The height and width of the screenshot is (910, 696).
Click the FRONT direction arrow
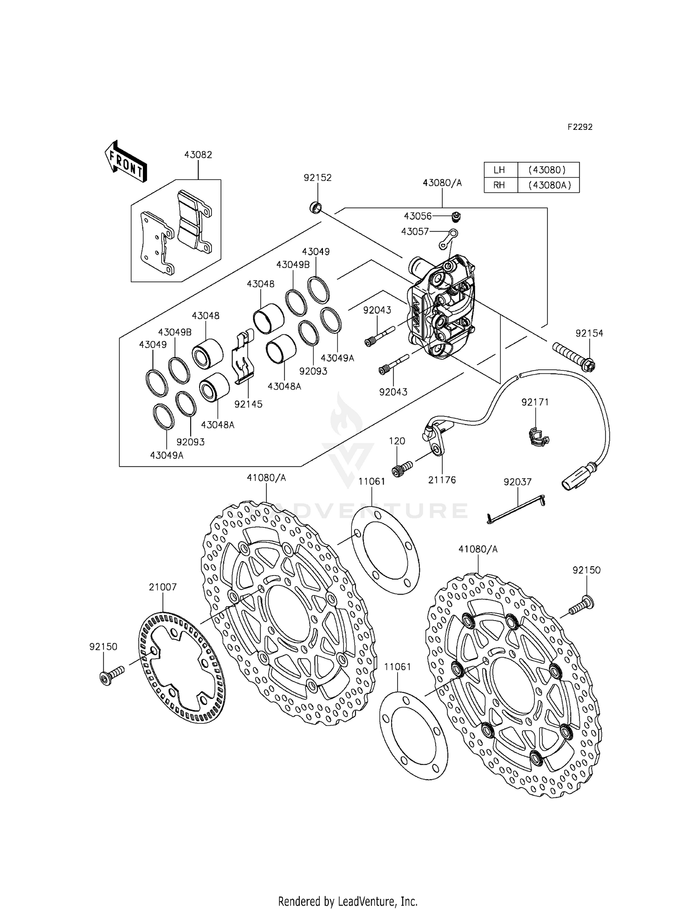125,161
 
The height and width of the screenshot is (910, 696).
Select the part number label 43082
198,155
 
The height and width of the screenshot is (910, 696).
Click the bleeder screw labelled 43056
457,216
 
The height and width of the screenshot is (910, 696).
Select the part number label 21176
442,480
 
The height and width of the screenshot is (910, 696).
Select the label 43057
416,231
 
